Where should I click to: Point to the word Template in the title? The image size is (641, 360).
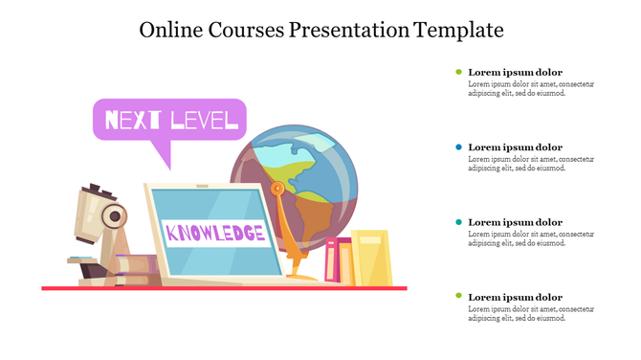(x=458, y=30)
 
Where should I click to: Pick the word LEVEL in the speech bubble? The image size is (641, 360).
(x=203, y=120)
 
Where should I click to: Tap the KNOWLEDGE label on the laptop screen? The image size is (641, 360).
(x=215, y=233)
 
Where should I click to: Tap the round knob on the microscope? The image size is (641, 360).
(x=114, y=217)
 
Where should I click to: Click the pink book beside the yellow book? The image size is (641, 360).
(x=333, y=261)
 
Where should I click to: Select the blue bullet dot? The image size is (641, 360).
(x=459, y=147)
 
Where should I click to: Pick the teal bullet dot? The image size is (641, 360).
(x=459, y=222)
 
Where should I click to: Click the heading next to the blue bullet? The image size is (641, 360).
(x=515, y=147)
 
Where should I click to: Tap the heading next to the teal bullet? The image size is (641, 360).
(x=515, y=222)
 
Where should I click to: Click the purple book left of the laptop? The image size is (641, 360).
(x=134, y=263)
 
